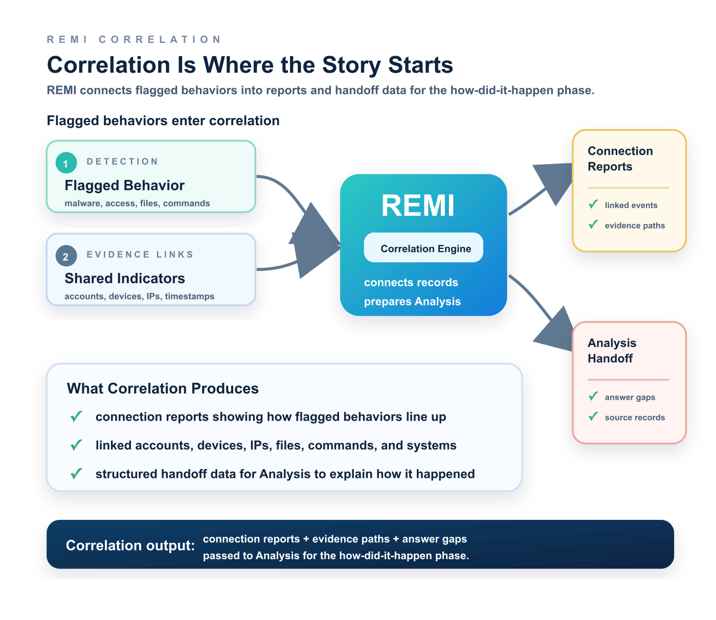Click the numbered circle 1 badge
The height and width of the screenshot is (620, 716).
[x=66, y=163]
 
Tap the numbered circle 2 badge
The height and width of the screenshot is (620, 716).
[x=66, y=256]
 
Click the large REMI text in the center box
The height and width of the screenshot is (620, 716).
[x=417, y=205]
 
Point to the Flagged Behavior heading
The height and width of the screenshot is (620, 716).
[x=124, y=186]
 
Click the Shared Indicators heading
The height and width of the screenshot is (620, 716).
[x=125, y=279]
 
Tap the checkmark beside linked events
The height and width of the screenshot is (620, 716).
[x=593, y=204]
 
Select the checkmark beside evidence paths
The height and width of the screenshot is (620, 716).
[x=593, y=224]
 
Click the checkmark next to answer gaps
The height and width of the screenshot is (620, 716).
[x=593, y=396]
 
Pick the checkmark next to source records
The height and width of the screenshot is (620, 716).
[x=593, y=416]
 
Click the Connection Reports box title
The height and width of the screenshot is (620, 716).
[x=620, y=158]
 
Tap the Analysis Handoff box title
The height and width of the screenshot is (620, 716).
[x=612, y=350]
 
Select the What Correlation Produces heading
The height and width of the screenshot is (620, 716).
[x=163, y=388]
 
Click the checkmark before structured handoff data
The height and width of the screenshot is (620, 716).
[x=76, y=473]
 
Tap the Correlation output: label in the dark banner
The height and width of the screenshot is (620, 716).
[x=130, y=545]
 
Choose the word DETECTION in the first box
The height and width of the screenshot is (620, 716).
[x=122, y=162]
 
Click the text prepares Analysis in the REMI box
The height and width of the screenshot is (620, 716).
[x=412, y=302]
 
